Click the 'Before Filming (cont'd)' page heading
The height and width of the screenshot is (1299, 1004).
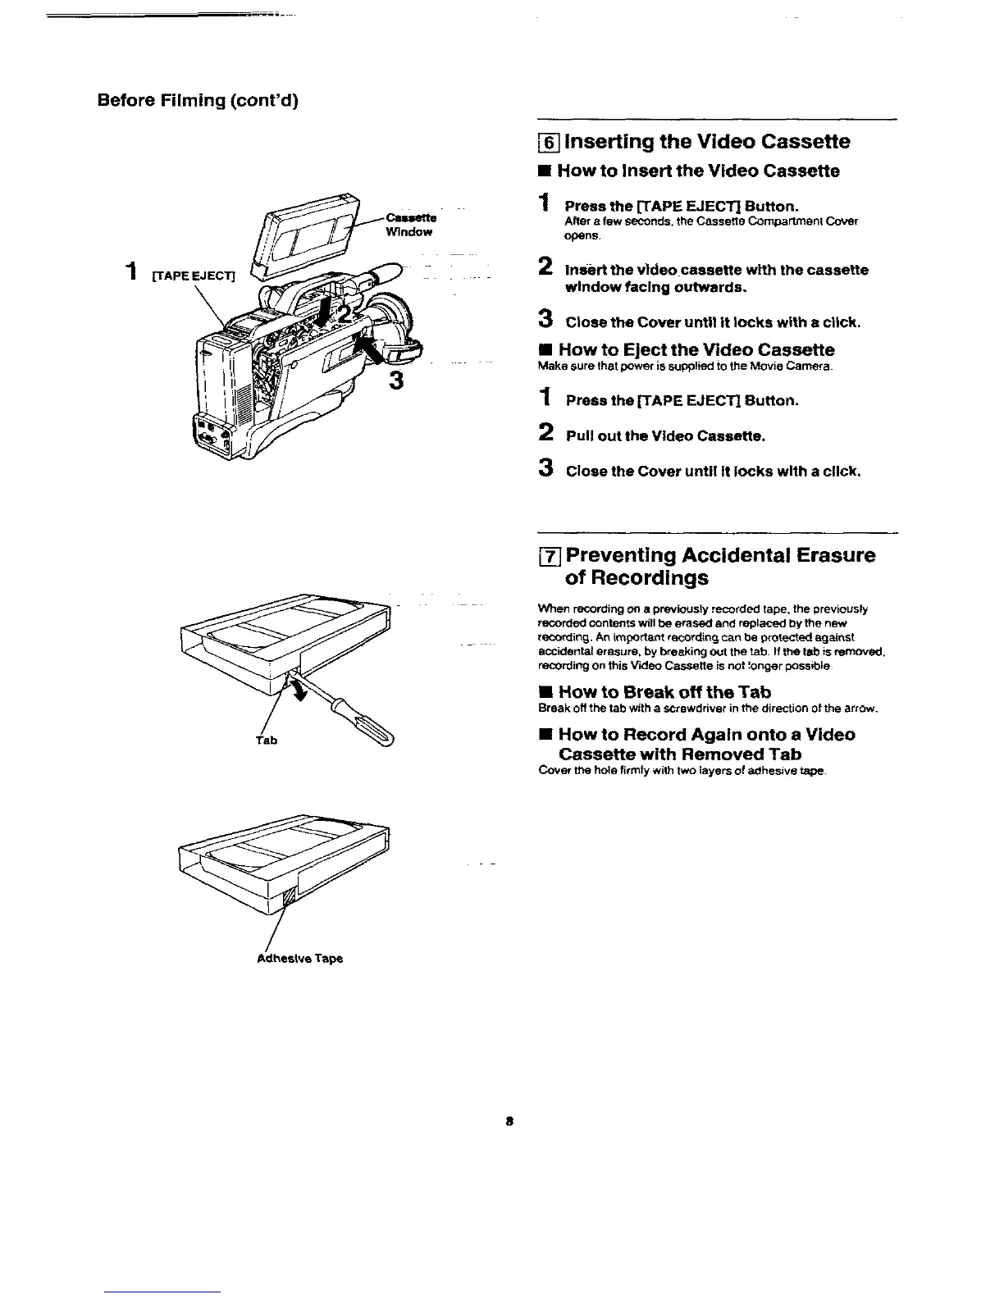point(198,101)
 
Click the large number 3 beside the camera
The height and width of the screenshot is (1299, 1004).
point(397,381)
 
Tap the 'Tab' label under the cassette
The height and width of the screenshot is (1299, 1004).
point(267,740)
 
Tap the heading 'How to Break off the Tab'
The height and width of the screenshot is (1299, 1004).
point(664,692)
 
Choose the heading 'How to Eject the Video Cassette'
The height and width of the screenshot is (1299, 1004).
point(696,350)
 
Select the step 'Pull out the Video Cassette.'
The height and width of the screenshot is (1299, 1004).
point(665,436)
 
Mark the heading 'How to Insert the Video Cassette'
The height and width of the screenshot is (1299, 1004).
point(698,171)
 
